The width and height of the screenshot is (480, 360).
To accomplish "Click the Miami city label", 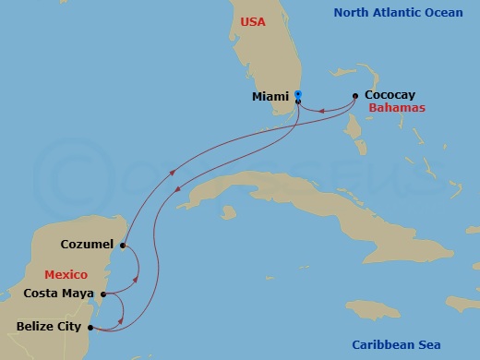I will (x=270, y=96).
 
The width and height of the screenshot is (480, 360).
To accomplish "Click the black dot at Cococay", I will (x=355, y=95).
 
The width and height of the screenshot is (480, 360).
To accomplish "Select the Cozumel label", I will (x=87, y=245).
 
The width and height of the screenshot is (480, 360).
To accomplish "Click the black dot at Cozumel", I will (x=123, y=245).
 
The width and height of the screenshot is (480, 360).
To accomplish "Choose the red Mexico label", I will (x=66, y=275).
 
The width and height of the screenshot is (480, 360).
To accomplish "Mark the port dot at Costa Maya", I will (x=103, y=294).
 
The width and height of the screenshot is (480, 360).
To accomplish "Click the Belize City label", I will (x=50, y=326).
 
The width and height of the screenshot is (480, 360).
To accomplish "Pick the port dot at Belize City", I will (x=90, y=326).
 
